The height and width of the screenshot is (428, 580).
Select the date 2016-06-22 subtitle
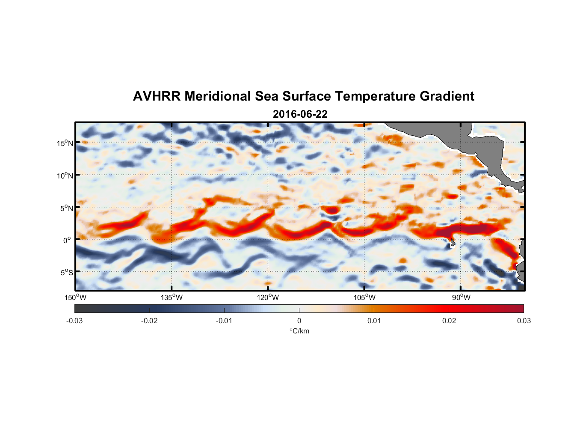coord(300,114)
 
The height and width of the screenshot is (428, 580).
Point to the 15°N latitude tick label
coord(65,143)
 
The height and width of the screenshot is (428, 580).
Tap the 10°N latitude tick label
coord(65,175)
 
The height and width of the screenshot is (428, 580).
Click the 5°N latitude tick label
coord(66,208)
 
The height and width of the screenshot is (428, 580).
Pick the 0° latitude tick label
coord(67,240)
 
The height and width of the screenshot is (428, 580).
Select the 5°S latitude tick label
coord(66,273)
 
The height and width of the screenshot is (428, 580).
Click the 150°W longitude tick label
coord(75,297)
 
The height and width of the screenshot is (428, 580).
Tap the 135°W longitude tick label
coord(172,297)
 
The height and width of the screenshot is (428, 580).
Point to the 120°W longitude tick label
coord(268,297)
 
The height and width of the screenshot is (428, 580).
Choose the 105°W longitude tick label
coord(364,297)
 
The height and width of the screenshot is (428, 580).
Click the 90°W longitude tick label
coord(461,297)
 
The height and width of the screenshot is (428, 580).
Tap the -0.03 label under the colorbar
coord(74,321)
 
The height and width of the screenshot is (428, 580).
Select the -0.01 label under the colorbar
coord(224,321)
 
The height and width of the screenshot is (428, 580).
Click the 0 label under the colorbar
coord(299,321)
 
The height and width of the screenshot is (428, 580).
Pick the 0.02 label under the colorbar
coord(449,321)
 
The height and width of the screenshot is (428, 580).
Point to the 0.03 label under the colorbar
coord(524,321)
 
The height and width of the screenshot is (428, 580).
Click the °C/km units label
coord(299,331)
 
